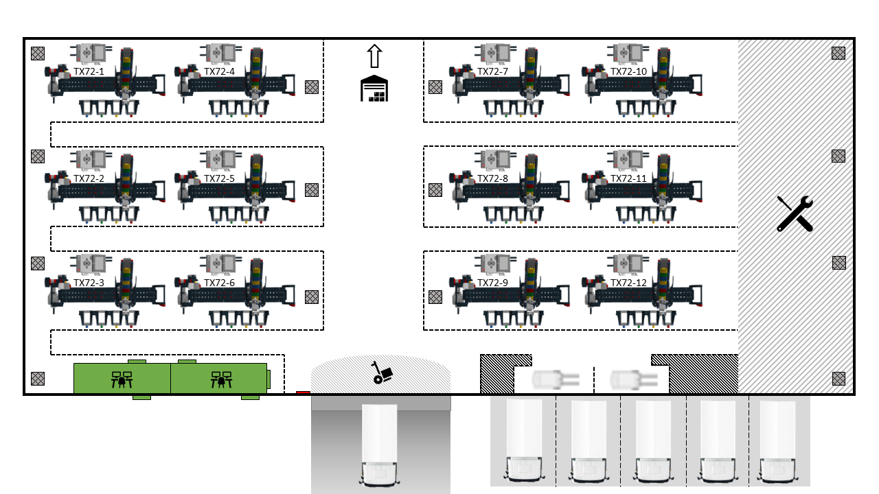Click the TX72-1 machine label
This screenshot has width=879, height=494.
89,72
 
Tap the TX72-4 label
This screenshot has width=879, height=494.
219,72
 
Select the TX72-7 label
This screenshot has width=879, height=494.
492,72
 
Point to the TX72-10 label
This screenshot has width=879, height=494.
628,72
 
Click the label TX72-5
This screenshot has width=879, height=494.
219,179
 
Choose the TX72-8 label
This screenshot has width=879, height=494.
492,179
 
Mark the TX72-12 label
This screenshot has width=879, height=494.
628,283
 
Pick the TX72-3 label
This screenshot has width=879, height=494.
89,283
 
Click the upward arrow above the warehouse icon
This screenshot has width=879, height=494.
374,56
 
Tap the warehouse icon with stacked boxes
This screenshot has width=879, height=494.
374,89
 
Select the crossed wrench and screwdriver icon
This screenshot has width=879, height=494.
795,213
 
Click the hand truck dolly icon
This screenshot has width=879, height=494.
382,373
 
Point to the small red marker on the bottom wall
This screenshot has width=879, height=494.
303,392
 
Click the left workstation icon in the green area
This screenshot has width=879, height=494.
122,380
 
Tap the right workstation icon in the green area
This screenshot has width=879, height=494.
221,380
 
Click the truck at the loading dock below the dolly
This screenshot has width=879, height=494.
379,445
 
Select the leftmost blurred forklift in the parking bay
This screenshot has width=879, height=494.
556,379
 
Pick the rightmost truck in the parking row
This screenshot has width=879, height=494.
778,441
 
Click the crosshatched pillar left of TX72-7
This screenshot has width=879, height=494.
435,87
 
